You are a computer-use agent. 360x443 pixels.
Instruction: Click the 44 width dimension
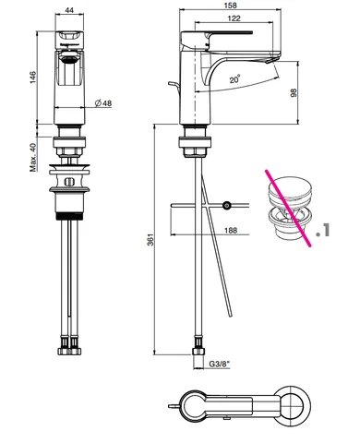point(69,10)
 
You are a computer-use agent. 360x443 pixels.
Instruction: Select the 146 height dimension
point(33,78)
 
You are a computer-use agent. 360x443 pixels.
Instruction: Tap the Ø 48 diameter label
point(103,103)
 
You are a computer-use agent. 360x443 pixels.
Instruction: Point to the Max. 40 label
point(33,157)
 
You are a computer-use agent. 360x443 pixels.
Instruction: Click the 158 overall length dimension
point(231,6)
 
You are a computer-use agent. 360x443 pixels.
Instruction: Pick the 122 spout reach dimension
point(234,18)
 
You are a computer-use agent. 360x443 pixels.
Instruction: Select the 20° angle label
point(234,79)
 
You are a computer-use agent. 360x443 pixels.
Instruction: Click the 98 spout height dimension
point(294,92)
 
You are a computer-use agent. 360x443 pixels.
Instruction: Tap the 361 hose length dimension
point(150,240)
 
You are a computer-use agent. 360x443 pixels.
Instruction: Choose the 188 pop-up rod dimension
point(231,230)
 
